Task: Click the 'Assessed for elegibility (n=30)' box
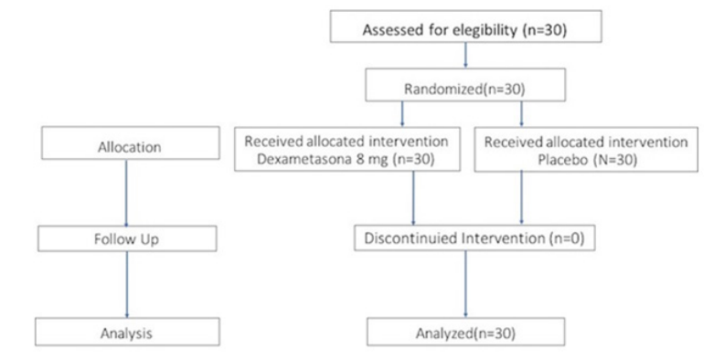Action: [466, 26]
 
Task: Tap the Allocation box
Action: [130, 143]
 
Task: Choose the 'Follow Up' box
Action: [127, 238]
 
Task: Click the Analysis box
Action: [127, 332]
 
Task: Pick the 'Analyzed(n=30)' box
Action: [465, 332]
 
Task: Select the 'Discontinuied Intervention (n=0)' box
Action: [474, 238]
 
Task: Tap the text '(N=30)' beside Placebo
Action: [612, 162]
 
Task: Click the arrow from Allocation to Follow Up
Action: [126, 193]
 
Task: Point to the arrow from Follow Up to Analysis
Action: [127, 284]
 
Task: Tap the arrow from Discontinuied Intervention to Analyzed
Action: [465, 284]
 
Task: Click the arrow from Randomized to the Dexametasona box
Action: [402, 114]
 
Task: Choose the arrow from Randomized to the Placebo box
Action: [522, 114]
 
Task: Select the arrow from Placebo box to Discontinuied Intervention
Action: [522, 198]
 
